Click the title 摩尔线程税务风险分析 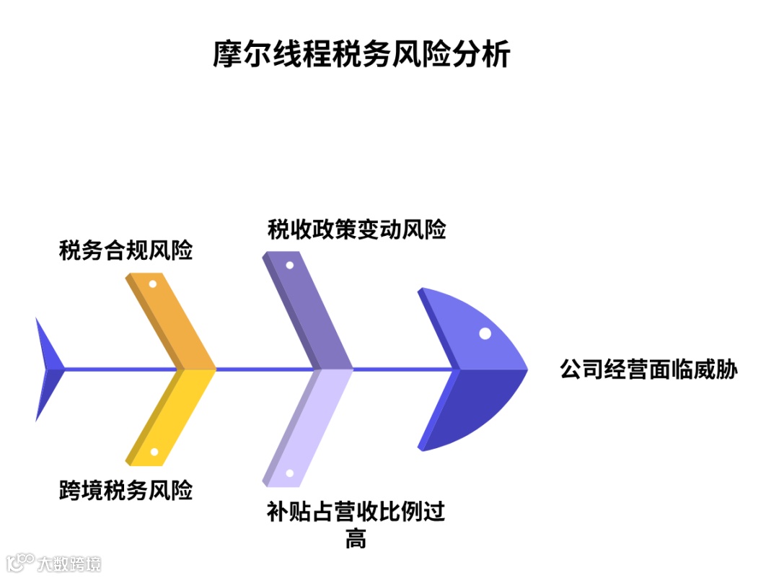pyautogui.click(x=361, y=55)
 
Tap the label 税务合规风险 pyautogui.click(x=126, y=252)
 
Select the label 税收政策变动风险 pyautogui.click(x=356, y=229)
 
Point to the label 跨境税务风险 pyautogui.click(x=126, y=491)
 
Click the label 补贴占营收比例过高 pyautogui.click(x=356, y=513)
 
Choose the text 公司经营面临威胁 pyautogui.click(x=649, y=369)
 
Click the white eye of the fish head pyautogui.click(x=485, y=333)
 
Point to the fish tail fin pyautogui.click(x=47, y=369)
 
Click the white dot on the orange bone pyautogui.click(x=152, y=284)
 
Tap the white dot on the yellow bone pyautogui.click(x=154, y=452)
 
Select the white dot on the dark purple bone pyautogui.click(x=289, y=264)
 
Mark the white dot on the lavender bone pyautogui.click(x=289, y=474)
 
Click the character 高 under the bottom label pyautogui.click(x=356, y=539)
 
